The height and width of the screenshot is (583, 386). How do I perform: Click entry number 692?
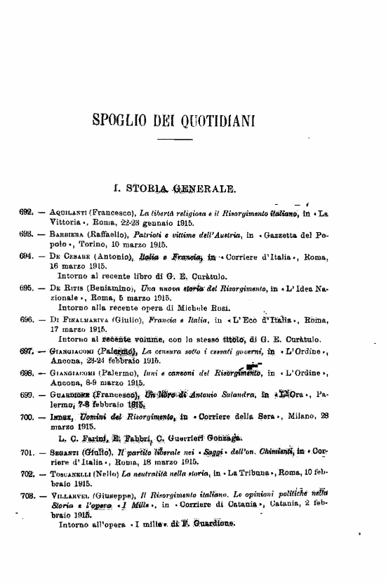(27, 211)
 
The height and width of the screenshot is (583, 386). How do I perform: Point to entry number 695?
(27, 288)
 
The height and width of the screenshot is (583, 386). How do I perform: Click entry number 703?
(27, 495)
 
